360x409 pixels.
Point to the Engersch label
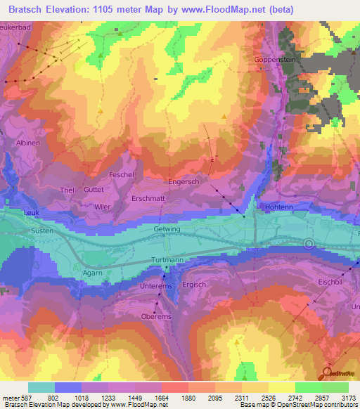tap(184, 181)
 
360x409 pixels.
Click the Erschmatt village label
tap(148, 199)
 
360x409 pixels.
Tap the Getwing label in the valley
tap(167, 229)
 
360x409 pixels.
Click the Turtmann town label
tap(167, 260)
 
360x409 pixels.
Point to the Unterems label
tap(156, 286)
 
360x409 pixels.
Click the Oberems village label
tap(156, 317)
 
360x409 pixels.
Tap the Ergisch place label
tap(194, 285)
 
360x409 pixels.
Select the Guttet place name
tap(94, 190)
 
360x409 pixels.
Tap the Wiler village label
tap(103, 207)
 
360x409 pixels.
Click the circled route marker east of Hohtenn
tap(309, 244)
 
